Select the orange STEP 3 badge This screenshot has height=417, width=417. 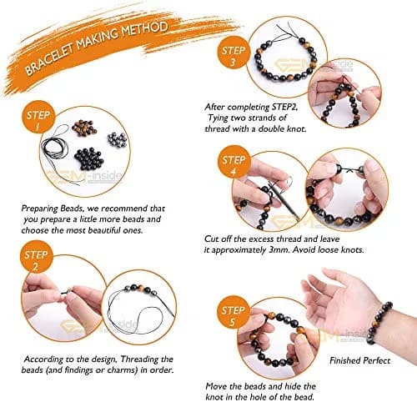coord(233,56)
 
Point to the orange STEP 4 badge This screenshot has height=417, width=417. coord(233,165)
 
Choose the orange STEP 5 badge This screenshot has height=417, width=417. coord(233,315)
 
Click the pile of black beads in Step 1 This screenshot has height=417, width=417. coord(89,159)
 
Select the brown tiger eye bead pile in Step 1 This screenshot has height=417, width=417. coord(84,127)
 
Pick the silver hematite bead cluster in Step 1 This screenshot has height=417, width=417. coord(117,139)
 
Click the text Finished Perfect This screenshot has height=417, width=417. coord(360,361)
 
